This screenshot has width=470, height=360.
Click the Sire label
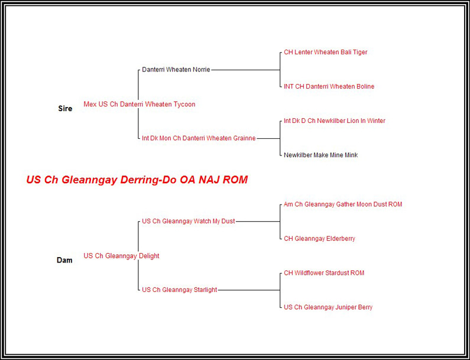tap(65, 109)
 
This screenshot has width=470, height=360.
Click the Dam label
tap(64, 260)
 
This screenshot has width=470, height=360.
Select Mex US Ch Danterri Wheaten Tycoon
tap(139, 105)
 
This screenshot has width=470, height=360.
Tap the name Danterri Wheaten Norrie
tap(176, 70)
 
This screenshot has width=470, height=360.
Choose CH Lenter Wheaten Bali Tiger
tap(325, 53)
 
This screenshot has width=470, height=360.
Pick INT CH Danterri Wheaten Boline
tap(329, 87)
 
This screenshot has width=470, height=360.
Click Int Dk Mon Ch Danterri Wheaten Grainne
tap(199, 138)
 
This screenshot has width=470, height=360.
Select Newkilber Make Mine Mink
tap(320, 155)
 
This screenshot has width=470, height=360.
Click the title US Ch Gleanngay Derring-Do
tap(137, 180)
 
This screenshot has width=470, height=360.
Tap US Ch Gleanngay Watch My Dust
tap(188, 221)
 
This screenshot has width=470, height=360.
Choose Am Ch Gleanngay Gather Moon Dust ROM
tap(343, 205)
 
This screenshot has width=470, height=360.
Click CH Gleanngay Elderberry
tap(319, 239)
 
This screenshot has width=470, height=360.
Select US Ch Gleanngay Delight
tap(121, 256)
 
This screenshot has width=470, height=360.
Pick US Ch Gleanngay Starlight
tap(179, 290)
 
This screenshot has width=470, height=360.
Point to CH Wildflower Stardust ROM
tap(324, 273)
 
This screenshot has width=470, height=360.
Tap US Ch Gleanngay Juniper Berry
tap(328, 307)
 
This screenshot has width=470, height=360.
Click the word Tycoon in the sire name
tap(184, 105)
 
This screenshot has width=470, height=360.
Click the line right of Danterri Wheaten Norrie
tap(245, 70)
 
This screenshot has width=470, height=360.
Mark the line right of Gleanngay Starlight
tap(248, 290)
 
